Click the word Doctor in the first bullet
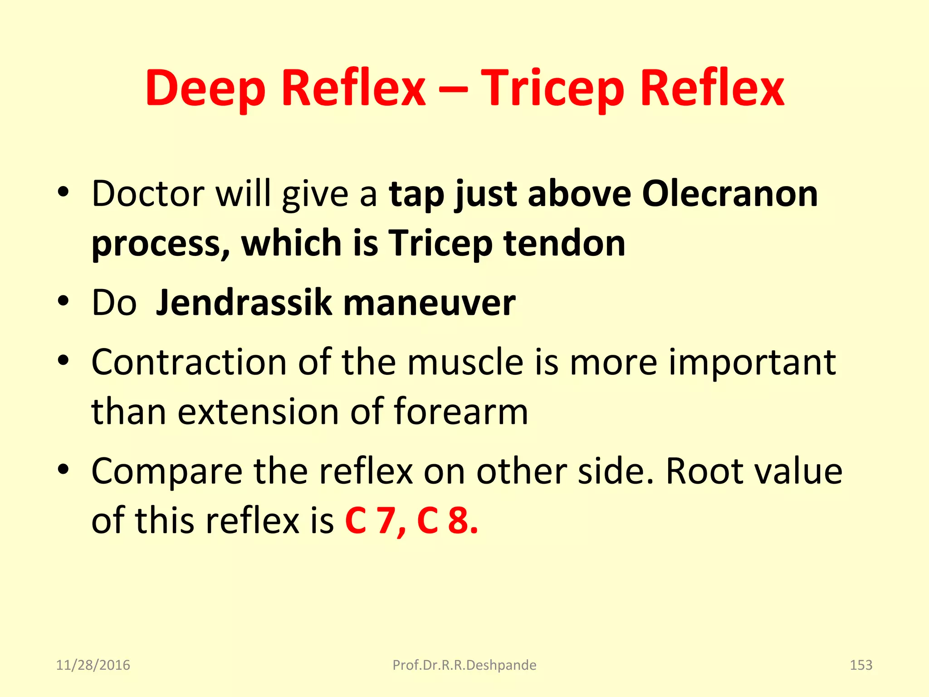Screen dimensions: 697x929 (x=148, y=194)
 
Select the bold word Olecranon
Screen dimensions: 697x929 (x=730, y=194)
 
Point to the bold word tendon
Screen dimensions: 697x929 (x=564, y=243)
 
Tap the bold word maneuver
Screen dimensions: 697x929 (x=430, y=303)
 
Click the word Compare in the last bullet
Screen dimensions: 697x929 (x=167, y=471)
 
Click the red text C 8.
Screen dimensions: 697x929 (x=447, y=520)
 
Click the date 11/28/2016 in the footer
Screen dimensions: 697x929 (x=93, y=665)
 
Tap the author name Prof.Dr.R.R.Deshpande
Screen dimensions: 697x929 (x=464, y=665)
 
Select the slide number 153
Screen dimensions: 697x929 (x=861, y=665)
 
